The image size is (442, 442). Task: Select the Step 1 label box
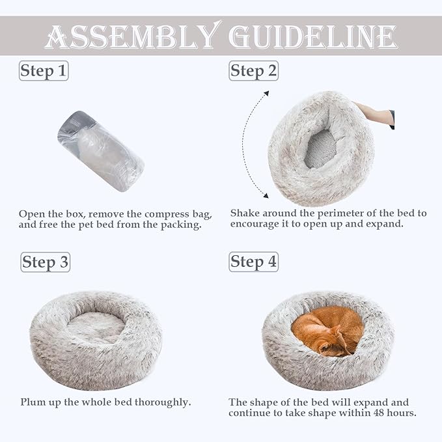[44, 71]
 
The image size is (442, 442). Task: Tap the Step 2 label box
[253, 71]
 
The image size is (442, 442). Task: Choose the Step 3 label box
[45, 262]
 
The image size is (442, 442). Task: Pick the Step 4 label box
[253, 262]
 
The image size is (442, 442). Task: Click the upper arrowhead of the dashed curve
[266, 94]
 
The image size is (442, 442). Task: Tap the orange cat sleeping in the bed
[328, 331]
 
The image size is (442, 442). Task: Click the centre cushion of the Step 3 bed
[96, 325]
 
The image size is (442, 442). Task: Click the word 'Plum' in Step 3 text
[32, 402]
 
